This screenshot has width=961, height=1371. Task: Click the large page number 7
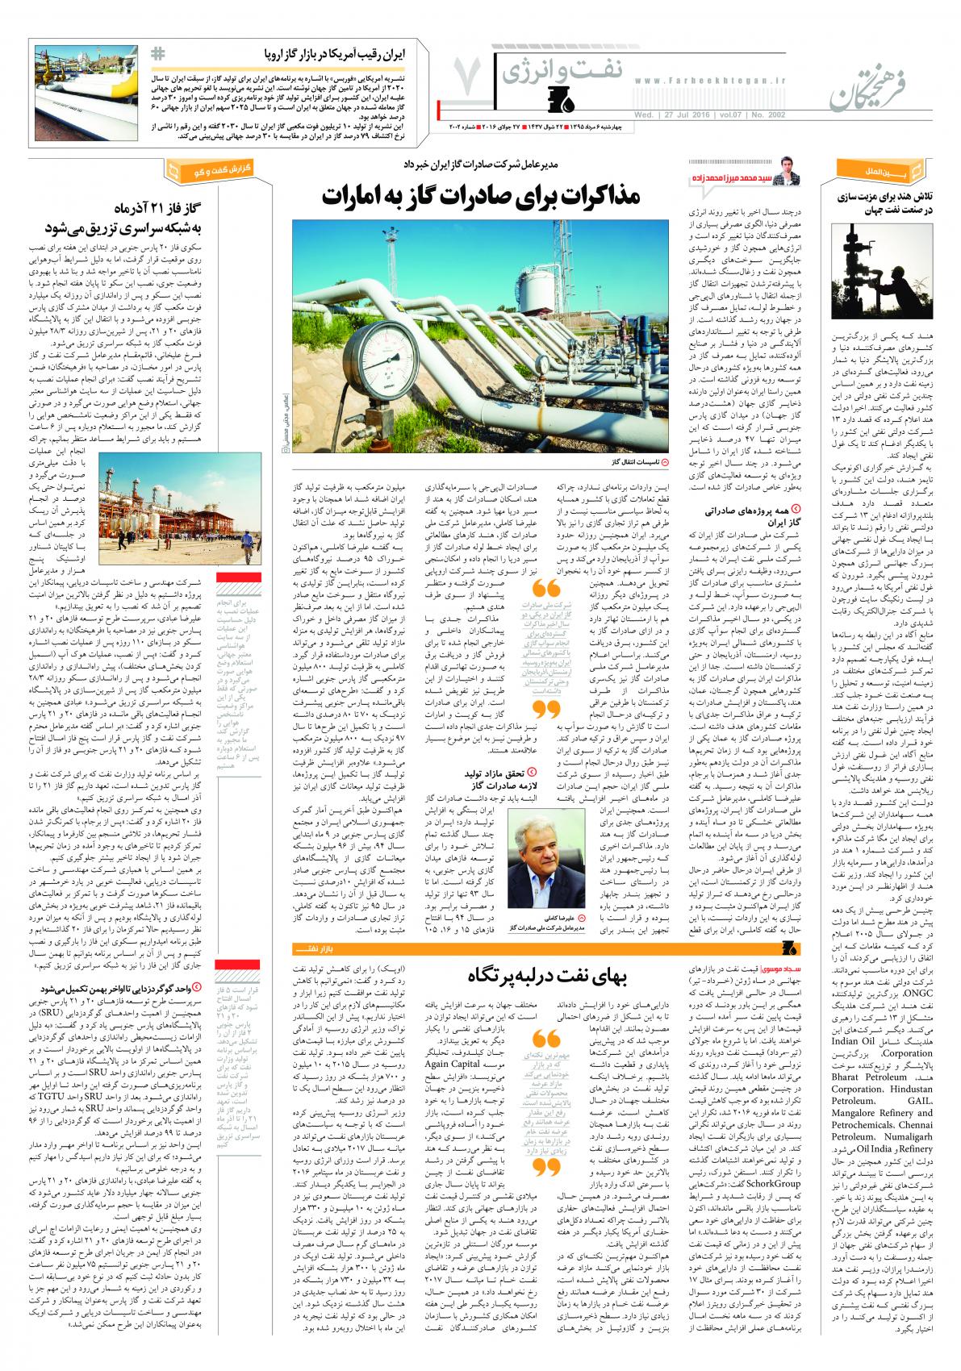(x=469, y=77)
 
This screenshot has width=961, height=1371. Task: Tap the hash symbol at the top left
(x=158, y=54)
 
